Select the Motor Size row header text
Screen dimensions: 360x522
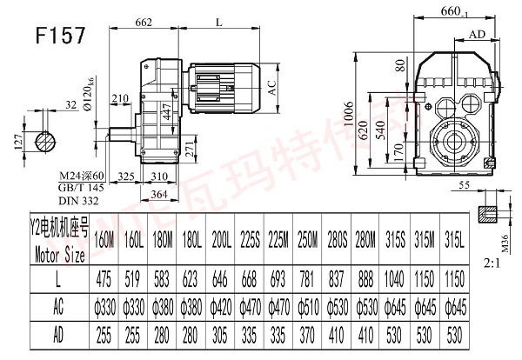click(56, 256)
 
